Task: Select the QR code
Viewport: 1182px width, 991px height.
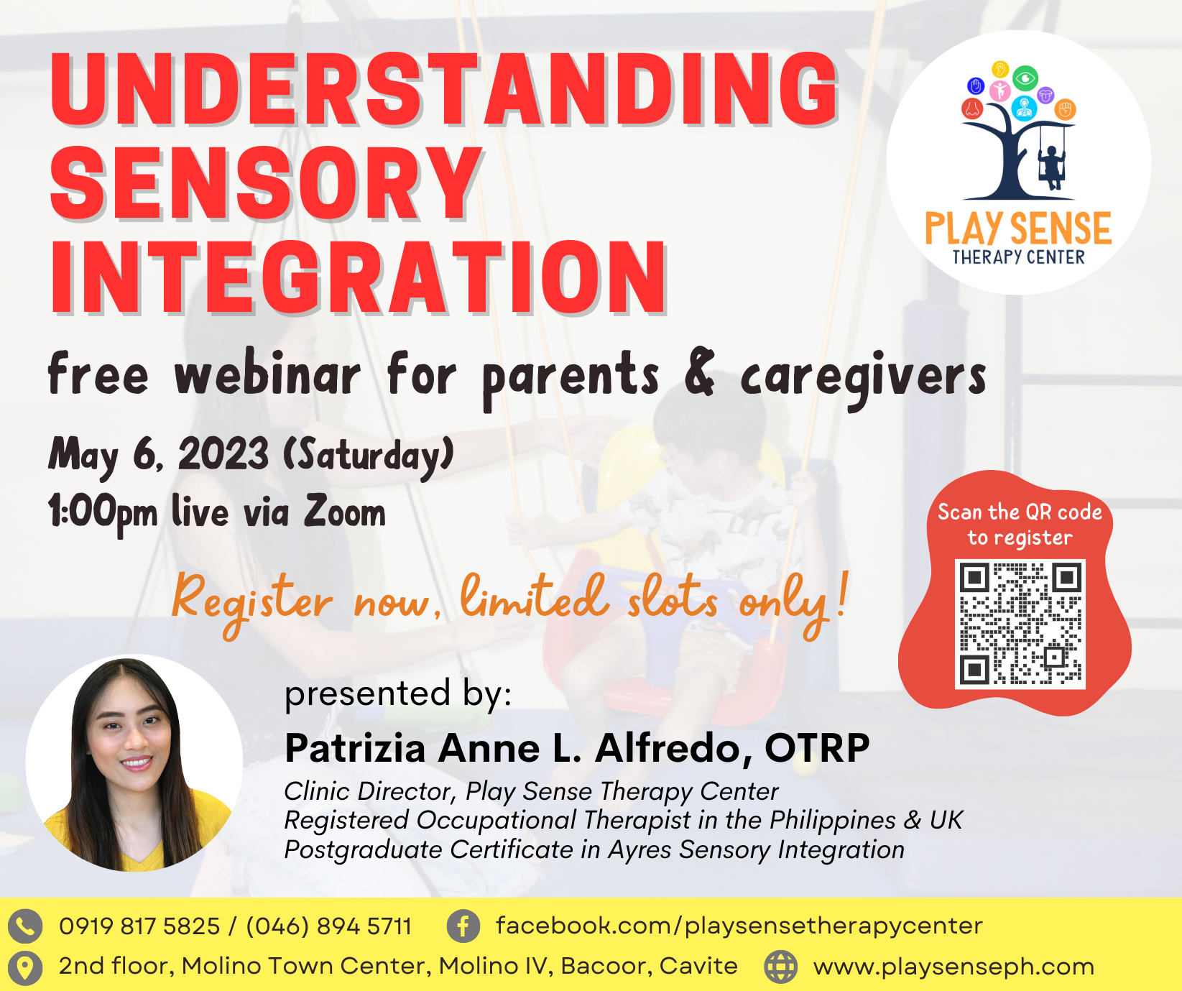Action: tap(1020, 624)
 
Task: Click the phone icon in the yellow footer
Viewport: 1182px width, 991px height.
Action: tap(25, 926)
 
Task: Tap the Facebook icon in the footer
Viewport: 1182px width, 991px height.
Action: tap(463, 926)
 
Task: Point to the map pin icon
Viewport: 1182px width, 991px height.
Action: tap(24, 967)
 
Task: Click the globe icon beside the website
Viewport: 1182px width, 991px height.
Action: tap(780, 967)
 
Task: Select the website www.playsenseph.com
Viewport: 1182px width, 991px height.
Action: tap(954, 967)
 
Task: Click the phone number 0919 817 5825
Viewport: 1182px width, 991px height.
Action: tap(139, 926)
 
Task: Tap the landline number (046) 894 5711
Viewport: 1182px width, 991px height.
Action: tap(329, 926)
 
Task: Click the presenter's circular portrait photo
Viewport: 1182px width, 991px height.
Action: tap(134, 762)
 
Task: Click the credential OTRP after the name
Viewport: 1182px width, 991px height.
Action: tap(817, 748)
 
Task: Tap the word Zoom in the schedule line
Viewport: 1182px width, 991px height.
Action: tap(345, 511)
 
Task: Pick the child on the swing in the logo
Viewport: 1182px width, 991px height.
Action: tap(1053, 167)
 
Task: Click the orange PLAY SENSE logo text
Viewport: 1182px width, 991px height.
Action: tap(1018, 229)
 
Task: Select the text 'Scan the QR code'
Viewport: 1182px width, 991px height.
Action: tap(1020, 512)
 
